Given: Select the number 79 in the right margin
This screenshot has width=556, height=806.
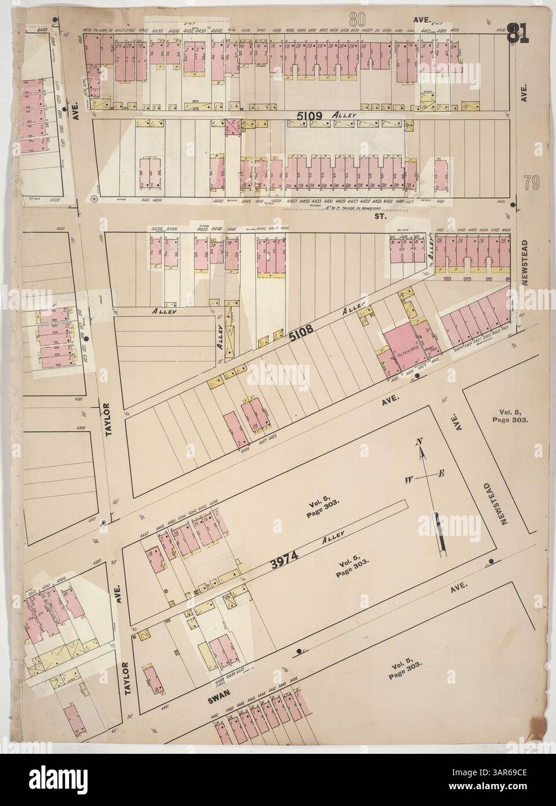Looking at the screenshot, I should [x=533, y=184].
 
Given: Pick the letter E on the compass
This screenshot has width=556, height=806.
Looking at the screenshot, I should [x=441, y=474].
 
